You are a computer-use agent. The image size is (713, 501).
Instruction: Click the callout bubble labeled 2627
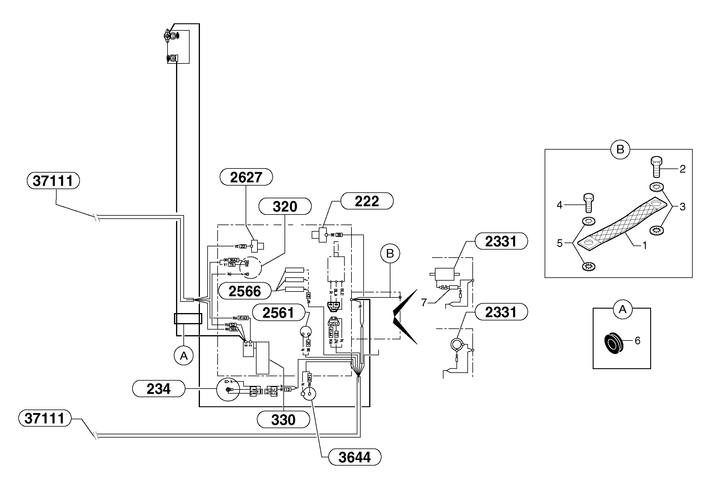click(246, 177)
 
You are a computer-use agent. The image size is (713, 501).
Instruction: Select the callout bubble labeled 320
click(285, 206)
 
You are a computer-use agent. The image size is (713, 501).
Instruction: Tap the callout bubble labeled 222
click(367, 201)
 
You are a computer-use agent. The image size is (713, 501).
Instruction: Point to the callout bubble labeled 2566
click(245, 291)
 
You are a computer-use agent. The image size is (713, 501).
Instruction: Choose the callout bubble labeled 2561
click(278, 313)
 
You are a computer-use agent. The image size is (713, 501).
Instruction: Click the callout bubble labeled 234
click(158, 389)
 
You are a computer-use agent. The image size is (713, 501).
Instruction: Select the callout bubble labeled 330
click(283, 420)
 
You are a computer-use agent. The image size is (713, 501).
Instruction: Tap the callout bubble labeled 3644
click(354, 457)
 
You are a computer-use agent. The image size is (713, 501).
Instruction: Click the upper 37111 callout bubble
click(53, 181)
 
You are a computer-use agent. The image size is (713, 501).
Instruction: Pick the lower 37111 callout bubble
click(45, 418)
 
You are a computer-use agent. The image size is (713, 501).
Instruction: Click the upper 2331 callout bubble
click(501, 241)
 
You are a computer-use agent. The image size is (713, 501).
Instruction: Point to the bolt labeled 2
click(656, 167)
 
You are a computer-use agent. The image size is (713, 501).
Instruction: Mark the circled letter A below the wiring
click(183, 356)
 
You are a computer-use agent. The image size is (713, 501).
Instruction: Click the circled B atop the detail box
click(620, 150)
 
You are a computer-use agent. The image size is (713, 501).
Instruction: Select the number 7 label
click(424, 302)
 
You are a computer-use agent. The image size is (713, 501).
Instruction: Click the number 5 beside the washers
click(560, 243)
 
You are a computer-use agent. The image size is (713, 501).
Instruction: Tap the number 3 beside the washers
click(682, 207)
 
